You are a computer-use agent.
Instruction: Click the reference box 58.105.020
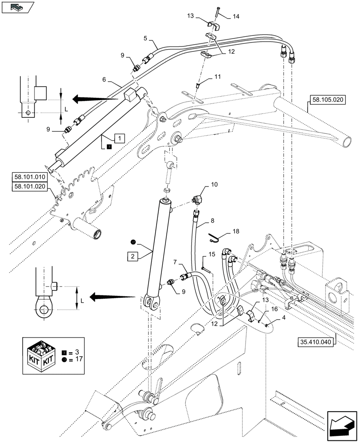(328, 100)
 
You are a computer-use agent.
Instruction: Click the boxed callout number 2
(133, 256)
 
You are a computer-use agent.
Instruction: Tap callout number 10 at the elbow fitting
(214, 183)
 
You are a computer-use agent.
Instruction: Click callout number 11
(217, 77)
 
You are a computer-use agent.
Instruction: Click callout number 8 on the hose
(212, 220)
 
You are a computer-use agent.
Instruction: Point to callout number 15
(212, 254)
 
